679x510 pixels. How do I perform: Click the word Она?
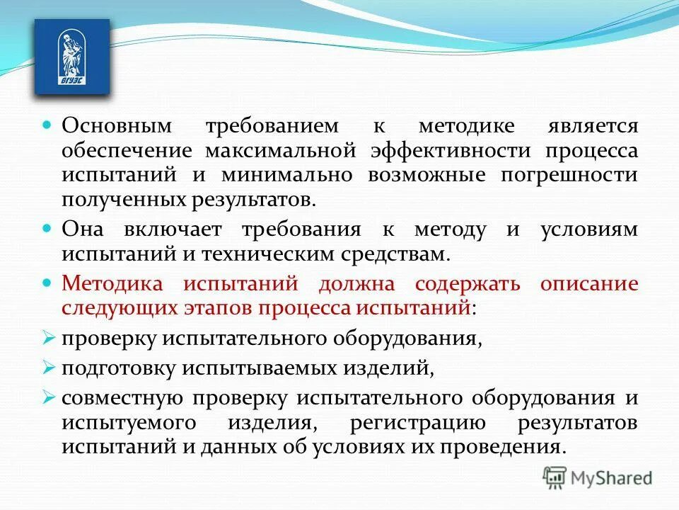(x=83, y=229)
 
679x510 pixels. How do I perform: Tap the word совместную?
(x=118, y=398)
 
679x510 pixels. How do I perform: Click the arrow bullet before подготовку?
(x=48, y=367)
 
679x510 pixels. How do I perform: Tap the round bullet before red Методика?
(x=48, y=282)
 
